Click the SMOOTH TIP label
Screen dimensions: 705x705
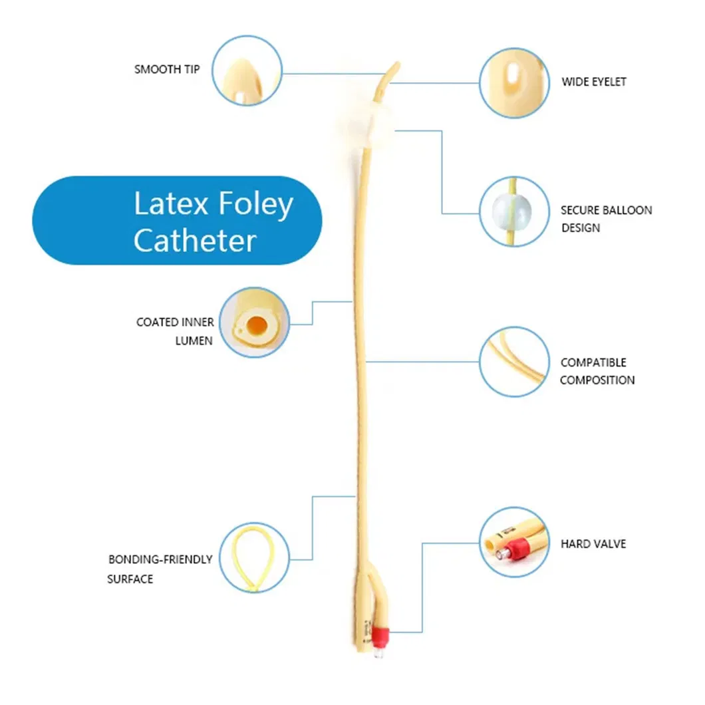(x=167, y=69)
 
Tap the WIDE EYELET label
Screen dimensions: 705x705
(x=593, y=82)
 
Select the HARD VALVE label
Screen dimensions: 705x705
(x=593, y=544)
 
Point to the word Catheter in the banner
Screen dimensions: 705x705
(x=195, y=241)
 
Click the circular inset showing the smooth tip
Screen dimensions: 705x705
(x=247, y=70)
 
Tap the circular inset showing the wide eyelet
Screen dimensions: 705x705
(x=514, y=83)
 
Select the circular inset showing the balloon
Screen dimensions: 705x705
(x=514, y=211)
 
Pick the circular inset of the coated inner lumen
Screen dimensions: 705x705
(x=254, y=323)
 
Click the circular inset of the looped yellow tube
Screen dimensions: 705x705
(x=254, y=557)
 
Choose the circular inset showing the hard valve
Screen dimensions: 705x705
(x=514, y=542)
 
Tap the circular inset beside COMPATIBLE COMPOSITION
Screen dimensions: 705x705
(x=514, y=362)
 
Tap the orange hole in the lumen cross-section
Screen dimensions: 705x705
(x=257, y=325)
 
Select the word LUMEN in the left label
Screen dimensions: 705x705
(x=194, y=341)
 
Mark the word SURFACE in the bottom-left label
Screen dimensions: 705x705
(x=130, y=579)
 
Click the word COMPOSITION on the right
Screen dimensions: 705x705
(x=597, y=380)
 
